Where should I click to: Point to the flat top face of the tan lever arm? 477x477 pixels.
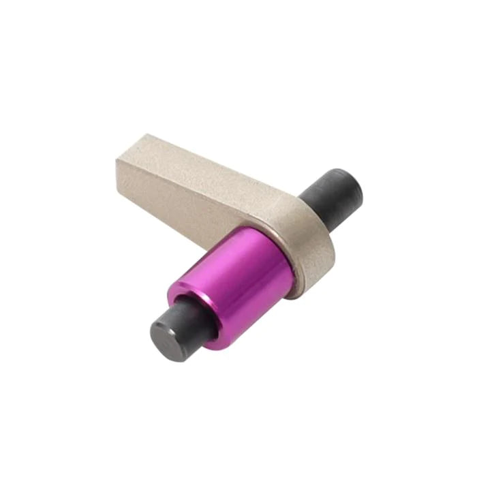[x=204, y=164]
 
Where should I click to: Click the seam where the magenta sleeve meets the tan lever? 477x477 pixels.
[x=286, y=262]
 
